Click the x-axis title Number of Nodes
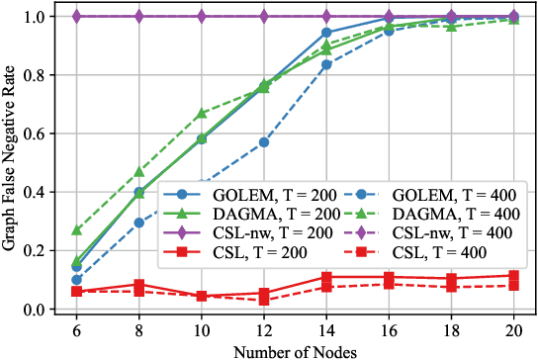[295, 351]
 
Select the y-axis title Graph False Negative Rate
[10, 163]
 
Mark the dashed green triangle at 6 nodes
[77, 230]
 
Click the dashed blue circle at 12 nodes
[264, 142]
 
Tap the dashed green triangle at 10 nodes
[202, 114]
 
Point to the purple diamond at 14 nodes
[326, 17]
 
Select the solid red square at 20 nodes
[513, 276]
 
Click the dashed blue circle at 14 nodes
[326, 65]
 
